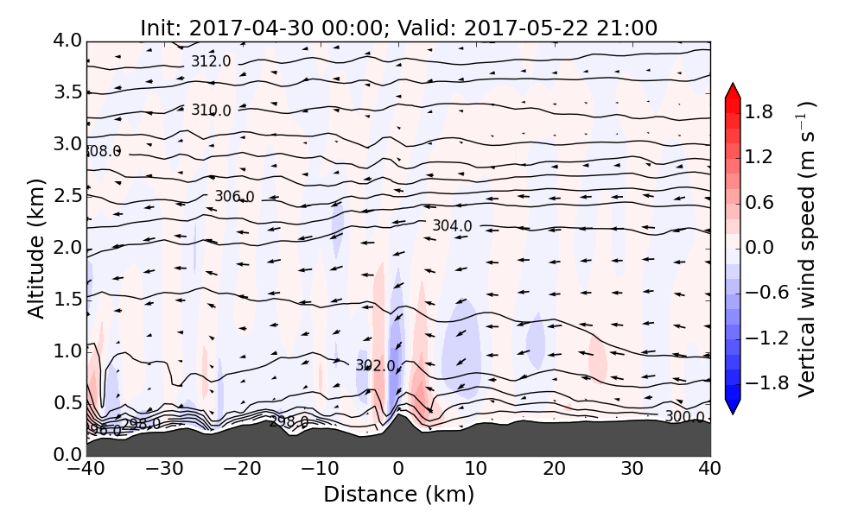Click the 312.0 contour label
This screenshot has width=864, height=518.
[x=211, y=61]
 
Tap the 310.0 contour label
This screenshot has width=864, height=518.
[x=211, y=111]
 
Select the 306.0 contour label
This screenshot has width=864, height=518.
[x=234, y=197]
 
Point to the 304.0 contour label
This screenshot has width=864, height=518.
[x=452, y=226]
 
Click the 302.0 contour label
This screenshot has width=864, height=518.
[x=375, y=366]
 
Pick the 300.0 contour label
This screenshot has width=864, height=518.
[x=684, y=417]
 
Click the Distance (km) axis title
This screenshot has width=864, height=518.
[x=398, y=495]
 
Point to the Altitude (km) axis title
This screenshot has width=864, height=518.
[x=35, y=248]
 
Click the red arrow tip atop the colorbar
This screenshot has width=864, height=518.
[x=733, y=90]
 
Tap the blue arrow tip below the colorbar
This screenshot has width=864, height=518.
[x=733, y=407]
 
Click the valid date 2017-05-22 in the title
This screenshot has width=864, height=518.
[x=518, y=28]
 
